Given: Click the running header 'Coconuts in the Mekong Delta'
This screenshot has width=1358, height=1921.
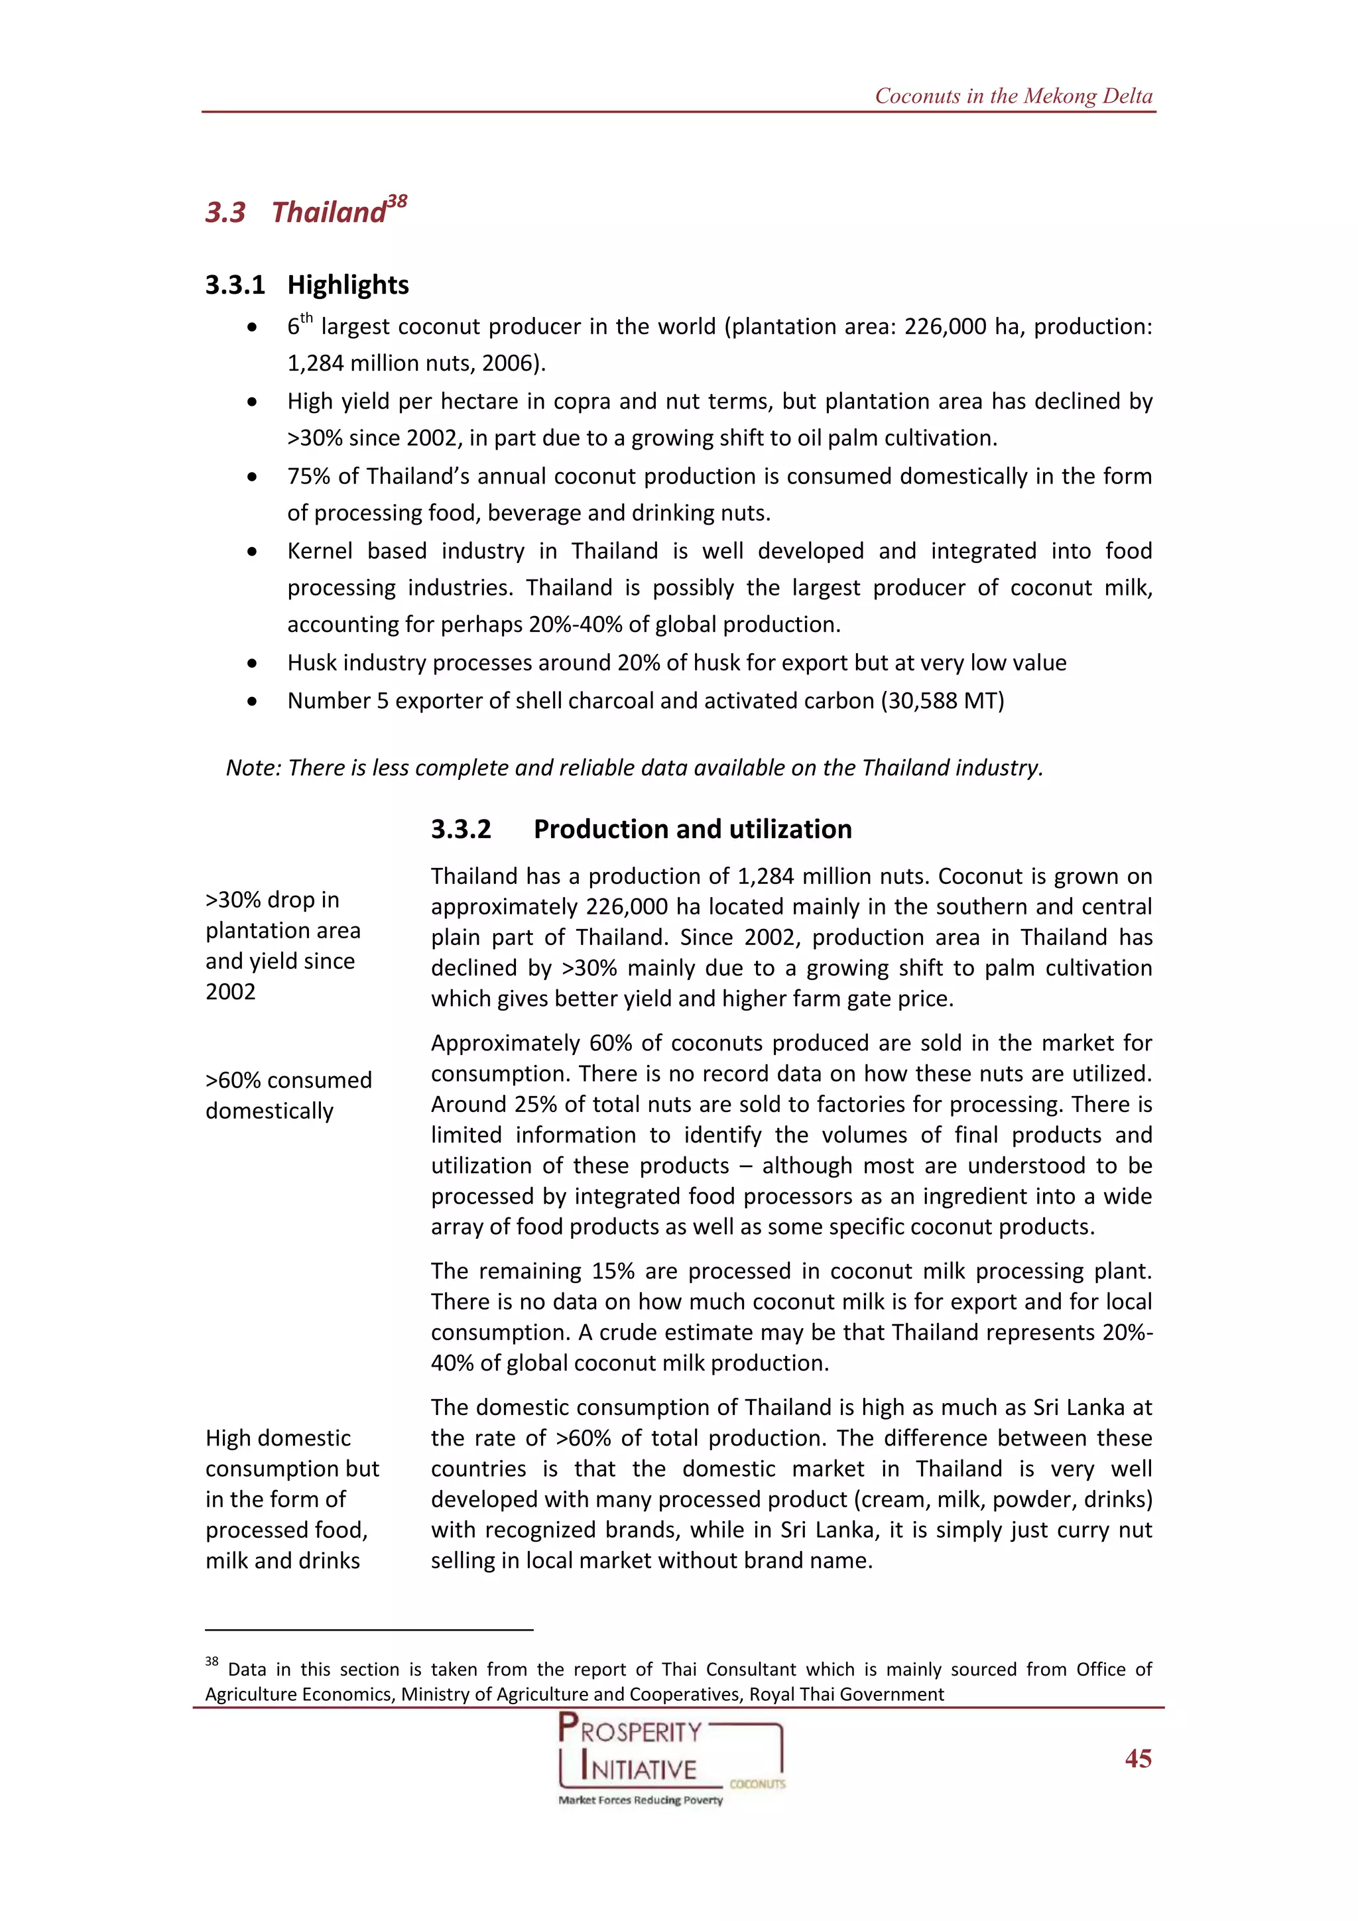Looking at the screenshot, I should point(1013,96).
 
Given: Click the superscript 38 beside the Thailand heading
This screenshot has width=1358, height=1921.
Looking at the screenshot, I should point(397,202).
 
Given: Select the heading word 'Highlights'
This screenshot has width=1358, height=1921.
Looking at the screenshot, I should point(348,284).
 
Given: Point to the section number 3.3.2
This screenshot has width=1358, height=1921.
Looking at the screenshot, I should point(461,829).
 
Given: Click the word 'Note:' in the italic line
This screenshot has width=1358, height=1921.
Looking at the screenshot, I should point(253,768).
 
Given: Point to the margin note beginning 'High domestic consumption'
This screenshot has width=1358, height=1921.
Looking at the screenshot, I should point(291,1499).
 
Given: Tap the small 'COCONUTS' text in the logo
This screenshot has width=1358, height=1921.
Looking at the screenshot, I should point(757,1783).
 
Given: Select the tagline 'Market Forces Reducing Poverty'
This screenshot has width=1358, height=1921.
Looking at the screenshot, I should point(640,1800).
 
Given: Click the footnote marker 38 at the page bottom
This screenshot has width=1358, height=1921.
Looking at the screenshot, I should point(212,1662).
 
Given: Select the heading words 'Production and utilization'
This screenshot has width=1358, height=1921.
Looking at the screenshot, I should point(693,829).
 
